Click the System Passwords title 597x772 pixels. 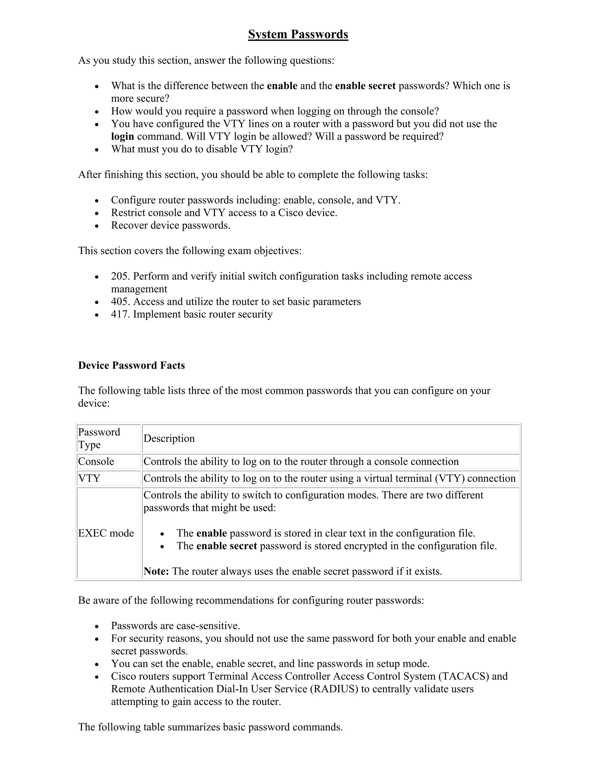[298, 34]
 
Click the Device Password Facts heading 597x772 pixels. [131, 365]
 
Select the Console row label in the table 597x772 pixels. [96, 461]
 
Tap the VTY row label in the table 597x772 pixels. [89, 478]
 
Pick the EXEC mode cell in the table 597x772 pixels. [106, 533]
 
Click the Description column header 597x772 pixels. [169, 438]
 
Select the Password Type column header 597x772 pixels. [99, 438]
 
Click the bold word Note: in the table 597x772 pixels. [156, 571]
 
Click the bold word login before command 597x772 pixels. [122, 136]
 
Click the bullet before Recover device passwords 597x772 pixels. [97, 225]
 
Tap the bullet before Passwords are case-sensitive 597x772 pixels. [97, 626]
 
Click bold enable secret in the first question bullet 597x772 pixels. [365, 86]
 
